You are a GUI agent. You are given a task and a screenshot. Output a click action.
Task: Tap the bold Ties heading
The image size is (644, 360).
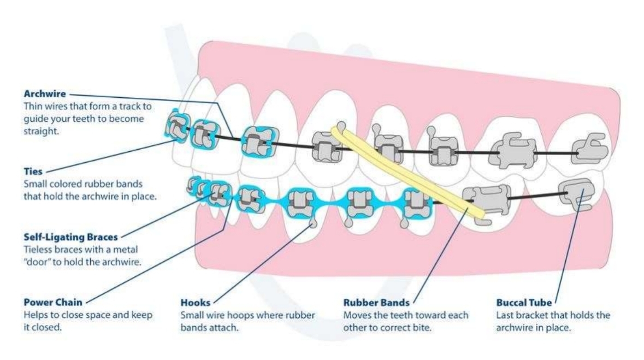(x=32, y=172)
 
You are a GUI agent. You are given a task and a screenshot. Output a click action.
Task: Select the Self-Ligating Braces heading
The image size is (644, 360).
(x=70, y=238)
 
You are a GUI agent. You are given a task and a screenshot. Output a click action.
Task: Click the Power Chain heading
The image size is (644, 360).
(x=52, y=302)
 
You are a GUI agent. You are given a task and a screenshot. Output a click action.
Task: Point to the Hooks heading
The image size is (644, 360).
(x=195, y=302)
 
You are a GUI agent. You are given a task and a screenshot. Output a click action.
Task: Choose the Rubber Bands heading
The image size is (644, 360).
(x=376, y=302)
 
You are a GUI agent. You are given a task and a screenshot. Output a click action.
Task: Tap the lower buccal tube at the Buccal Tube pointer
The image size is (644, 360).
(x=578, y=194)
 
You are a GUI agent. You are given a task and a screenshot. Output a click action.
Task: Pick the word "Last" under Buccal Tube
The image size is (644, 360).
(x=505, y=315)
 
